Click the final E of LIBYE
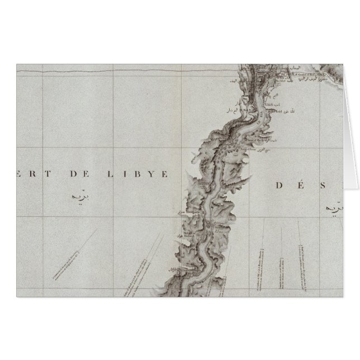tap(165, 174)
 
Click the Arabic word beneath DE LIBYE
tap(79, 197)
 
